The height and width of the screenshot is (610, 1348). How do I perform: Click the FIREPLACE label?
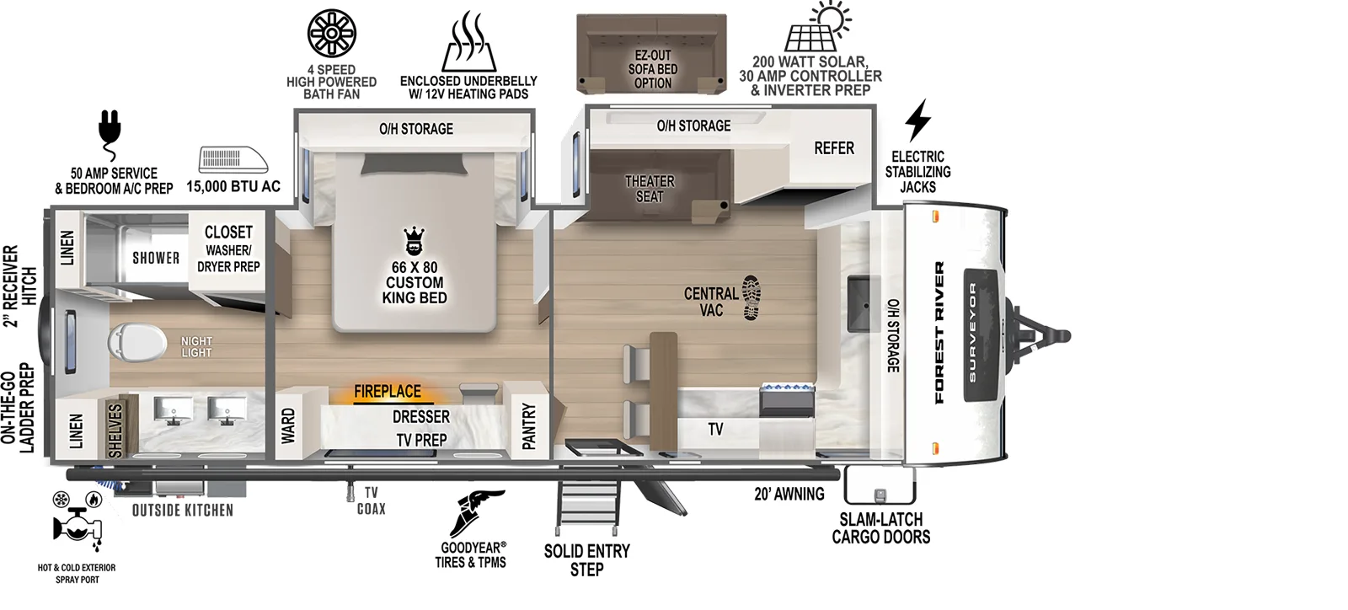pos(387,392)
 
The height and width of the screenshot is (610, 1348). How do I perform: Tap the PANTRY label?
pos(529,426)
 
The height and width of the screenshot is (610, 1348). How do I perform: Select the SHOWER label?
pos(156,258)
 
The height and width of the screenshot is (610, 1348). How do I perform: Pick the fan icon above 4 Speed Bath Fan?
pos(331,34)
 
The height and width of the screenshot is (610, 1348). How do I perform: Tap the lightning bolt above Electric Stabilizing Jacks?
pos(917,120)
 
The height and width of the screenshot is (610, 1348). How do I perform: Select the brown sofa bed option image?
pos(651,52)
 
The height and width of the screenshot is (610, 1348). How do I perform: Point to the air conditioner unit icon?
pos(233,160)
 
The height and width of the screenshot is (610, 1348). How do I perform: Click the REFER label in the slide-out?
pos(834,148)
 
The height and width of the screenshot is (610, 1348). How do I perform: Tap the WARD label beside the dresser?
pos(288,426)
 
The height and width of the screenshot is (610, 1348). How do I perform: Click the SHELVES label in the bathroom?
pos(115,430)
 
